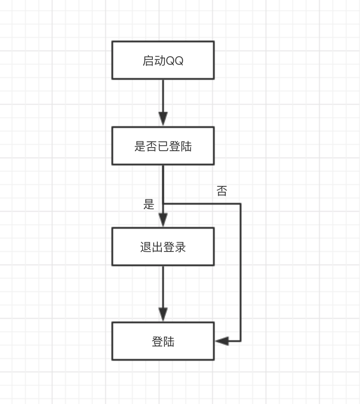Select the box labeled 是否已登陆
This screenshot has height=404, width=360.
(x=163, y=146)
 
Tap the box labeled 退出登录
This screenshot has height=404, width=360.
(x=163, y=247)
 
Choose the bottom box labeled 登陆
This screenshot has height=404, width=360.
(x=163, y=341)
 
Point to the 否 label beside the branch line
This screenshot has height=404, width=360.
(x=221, y=192)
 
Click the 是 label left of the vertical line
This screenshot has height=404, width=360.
(x=149, y=205)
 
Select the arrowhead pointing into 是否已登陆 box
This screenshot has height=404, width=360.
(x=163, y=119)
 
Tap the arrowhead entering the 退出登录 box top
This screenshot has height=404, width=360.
(x=163, y=220)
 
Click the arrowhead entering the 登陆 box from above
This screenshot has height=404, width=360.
(x=163, y=314)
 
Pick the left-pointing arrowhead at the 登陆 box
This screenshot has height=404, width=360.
(x=222, y=341)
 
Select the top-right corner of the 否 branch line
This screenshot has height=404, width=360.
(x=241, y=204)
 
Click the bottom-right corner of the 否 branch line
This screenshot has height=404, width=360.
(x=241, y=341)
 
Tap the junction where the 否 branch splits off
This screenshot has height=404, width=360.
(x=163, y=204)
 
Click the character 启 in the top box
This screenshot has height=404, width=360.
(x=147, y=61)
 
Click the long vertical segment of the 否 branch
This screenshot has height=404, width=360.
(x=241, y=272)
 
